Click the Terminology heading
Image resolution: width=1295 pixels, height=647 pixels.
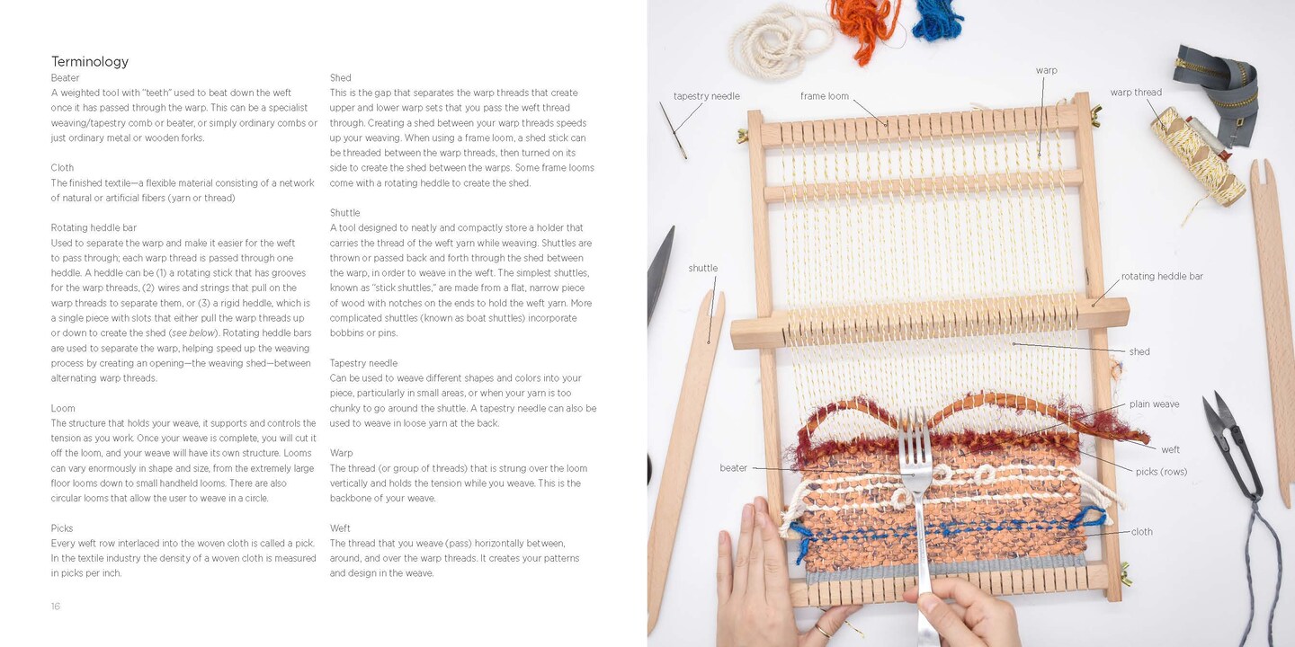point(90,61)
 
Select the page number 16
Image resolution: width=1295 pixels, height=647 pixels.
point(56,606)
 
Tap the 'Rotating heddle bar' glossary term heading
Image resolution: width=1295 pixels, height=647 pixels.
point(94,227)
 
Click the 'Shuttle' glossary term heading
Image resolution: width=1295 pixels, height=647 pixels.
point(344,213)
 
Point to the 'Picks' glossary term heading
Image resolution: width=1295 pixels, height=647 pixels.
point(62,528)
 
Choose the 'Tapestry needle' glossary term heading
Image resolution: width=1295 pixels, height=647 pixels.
point(363,363)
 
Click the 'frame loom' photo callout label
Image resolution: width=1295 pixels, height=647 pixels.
point(825,96)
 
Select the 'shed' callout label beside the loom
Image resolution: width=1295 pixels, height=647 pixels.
point(1139,351)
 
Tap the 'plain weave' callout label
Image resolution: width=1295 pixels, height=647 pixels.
point(1155,403)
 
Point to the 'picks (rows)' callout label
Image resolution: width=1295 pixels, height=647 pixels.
point(1162,472)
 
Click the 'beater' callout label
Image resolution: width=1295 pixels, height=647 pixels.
point(733,468)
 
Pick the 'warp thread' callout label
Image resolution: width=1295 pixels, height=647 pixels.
point(1136,92)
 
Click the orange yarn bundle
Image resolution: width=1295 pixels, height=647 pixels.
point(865,25)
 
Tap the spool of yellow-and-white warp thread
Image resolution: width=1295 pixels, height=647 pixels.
point(1197,157)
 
